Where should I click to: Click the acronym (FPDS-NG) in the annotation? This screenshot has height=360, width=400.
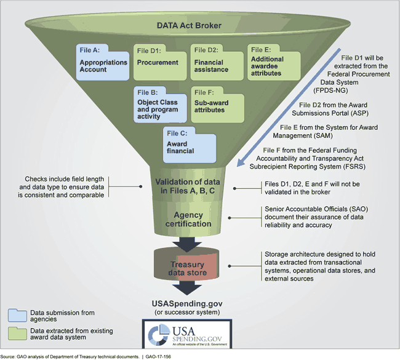[356, 89]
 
